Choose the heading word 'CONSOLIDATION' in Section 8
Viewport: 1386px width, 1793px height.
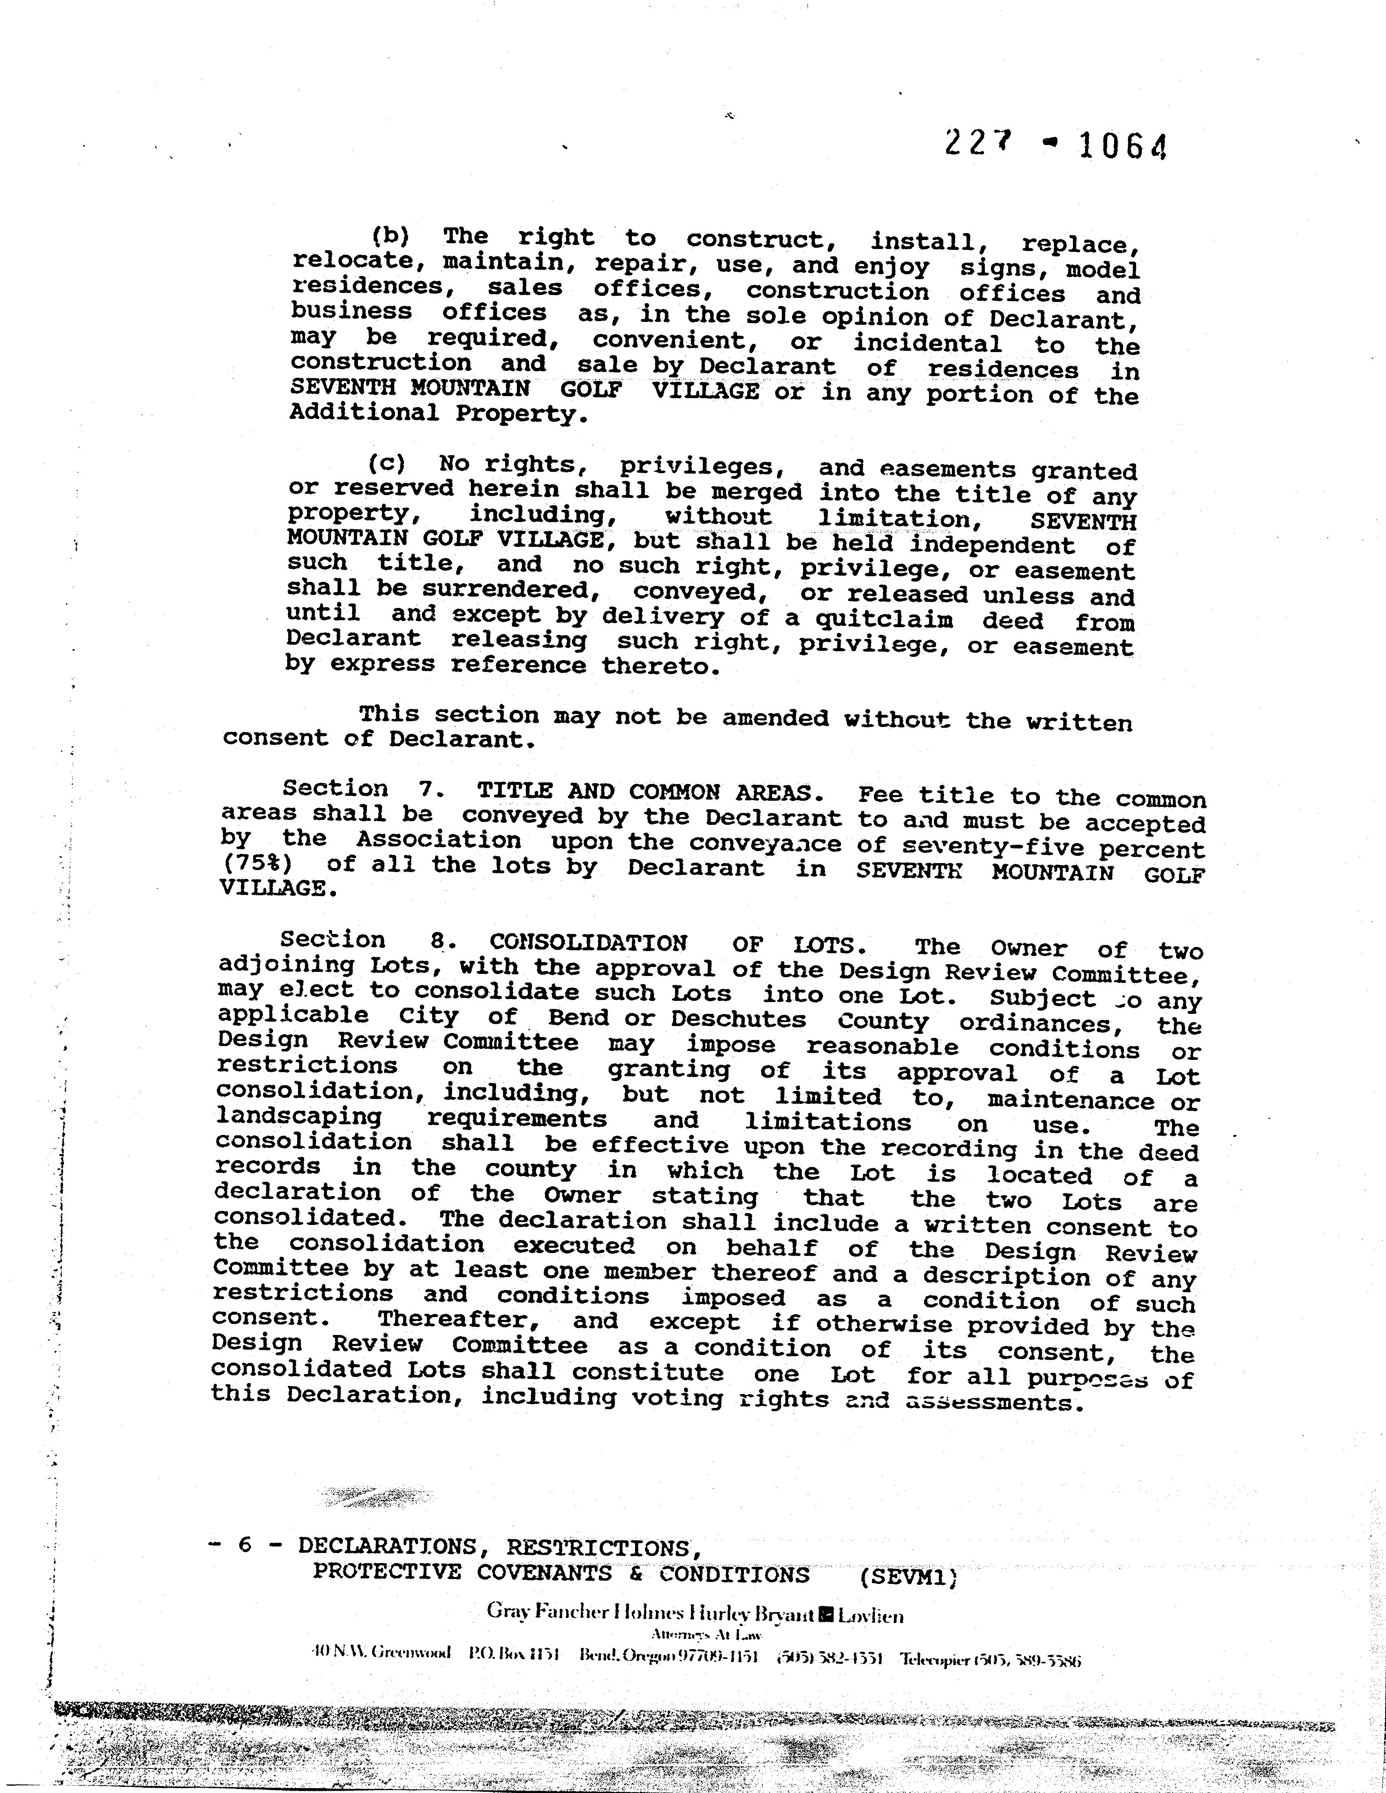(x=588, y=943)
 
